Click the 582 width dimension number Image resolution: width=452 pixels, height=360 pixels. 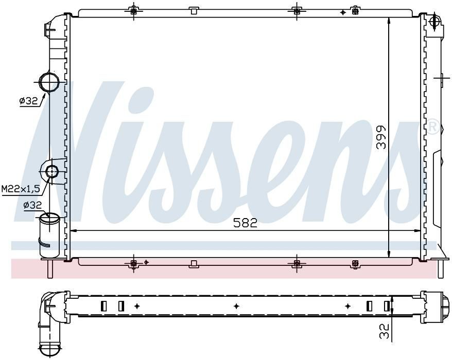[x=245, y=223]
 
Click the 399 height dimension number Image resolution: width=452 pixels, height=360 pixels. [x=381, y=137]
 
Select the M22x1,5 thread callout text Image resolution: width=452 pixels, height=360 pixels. [x=20, y=189]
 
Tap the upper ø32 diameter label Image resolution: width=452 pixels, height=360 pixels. [x=28, y=101]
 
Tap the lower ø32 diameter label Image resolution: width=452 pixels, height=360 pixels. [x=32, y=205]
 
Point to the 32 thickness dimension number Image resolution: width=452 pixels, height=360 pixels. [x=384, y=331]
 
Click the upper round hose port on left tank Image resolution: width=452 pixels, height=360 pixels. [x=49, y=82]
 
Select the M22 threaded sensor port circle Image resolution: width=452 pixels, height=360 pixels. [x=52, y=172]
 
